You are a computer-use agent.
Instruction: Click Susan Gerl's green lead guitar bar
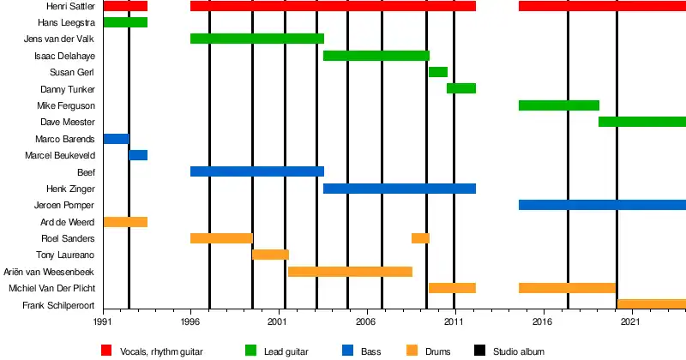(437, 72)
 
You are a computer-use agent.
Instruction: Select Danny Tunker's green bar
(461, 88)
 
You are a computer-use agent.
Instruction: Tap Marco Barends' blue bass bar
(116, 139)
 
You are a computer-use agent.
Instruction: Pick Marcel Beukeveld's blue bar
(138, 155)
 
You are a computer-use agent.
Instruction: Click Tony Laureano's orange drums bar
(270, 255)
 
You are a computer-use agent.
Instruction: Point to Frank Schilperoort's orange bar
(651, 304)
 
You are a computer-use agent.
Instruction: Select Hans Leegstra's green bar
(125, 22)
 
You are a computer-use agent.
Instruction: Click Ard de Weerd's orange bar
(125, 222)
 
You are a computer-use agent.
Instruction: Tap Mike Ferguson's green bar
(558, 105)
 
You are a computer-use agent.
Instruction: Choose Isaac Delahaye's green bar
(376, 56)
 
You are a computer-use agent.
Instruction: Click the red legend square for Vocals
(107, 351)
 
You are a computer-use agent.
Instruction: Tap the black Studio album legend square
(479, 351)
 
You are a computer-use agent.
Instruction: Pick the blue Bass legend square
(347, 351)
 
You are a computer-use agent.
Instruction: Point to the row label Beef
(86, 171)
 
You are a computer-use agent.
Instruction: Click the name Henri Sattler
(70, 6)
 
